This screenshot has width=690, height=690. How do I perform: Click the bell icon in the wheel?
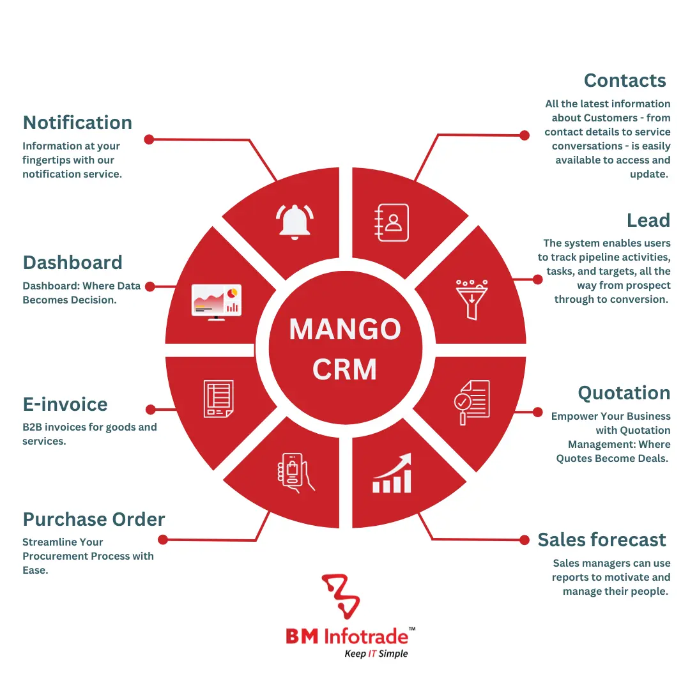click(295, 220)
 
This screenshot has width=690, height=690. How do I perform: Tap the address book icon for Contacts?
click(390, 223)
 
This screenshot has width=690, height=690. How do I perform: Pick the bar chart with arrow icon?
click(392, 473)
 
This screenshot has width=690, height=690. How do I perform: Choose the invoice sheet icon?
click(218, 399)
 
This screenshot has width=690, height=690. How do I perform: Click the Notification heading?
click(77, 123)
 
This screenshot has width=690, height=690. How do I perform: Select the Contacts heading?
click(625, 80)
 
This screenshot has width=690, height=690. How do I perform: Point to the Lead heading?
click(648, 220)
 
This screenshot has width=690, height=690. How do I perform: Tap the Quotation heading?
click(624, 393)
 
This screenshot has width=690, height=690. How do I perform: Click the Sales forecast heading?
click(602, 540)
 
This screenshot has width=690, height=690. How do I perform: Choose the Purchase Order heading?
click(94, 519)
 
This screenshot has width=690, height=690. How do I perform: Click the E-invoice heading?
click(65, 404)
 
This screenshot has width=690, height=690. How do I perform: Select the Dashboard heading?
click(72, 263)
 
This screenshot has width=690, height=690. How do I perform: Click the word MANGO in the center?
click(345, 330)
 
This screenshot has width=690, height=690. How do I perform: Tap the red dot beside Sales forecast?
click(525, 540)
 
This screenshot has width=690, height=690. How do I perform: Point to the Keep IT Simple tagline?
click(376, 653)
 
